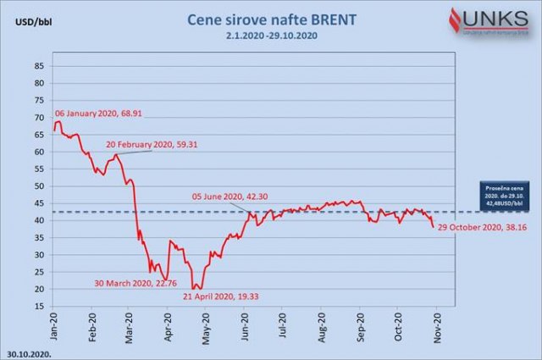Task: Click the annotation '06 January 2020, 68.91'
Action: click(99, 113)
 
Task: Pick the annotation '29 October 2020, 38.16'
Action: click(487, 230)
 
